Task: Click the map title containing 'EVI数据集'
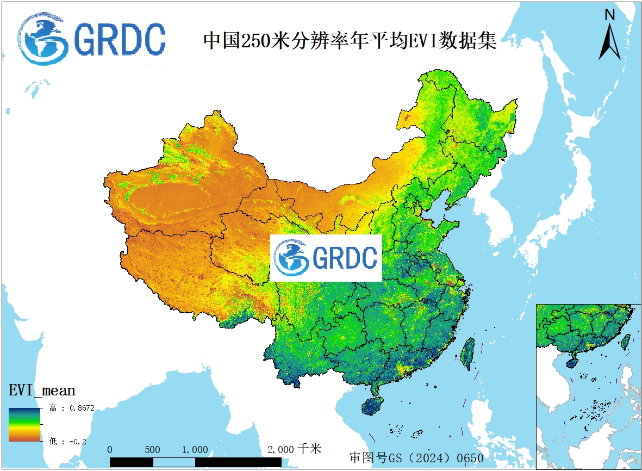(x=350, y=41)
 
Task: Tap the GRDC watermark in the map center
(x=326, y=258)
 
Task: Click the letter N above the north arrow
(x=610, y=15)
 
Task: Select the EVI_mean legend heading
(x=42, y=390)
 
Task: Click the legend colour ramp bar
(x=24, y=424)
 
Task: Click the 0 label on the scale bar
(x=110, y=450)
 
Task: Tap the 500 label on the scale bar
(x=152, y=450)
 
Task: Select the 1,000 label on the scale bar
(x=195, y=450)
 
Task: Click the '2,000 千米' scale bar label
(x=294, y=449)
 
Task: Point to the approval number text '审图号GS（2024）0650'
(x=416, y=458)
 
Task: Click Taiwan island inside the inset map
(x=626, y=342)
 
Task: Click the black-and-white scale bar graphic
(x=196, y=462)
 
